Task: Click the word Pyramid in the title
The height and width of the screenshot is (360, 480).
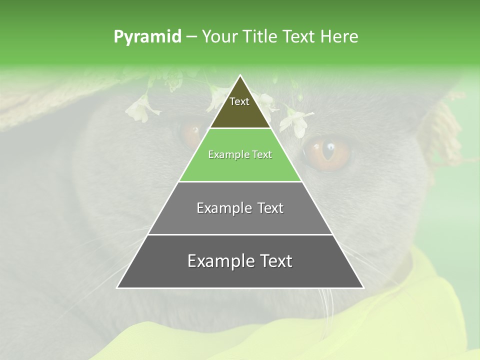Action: coord(147,37)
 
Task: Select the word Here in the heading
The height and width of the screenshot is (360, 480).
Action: coord(339,36)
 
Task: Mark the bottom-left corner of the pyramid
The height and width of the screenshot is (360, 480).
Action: coord(117,287)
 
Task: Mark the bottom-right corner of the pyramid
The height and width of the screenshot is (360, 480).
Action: coord(363,287)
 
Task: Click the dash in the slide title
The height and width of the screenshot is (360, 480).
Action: coord(191,37)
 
